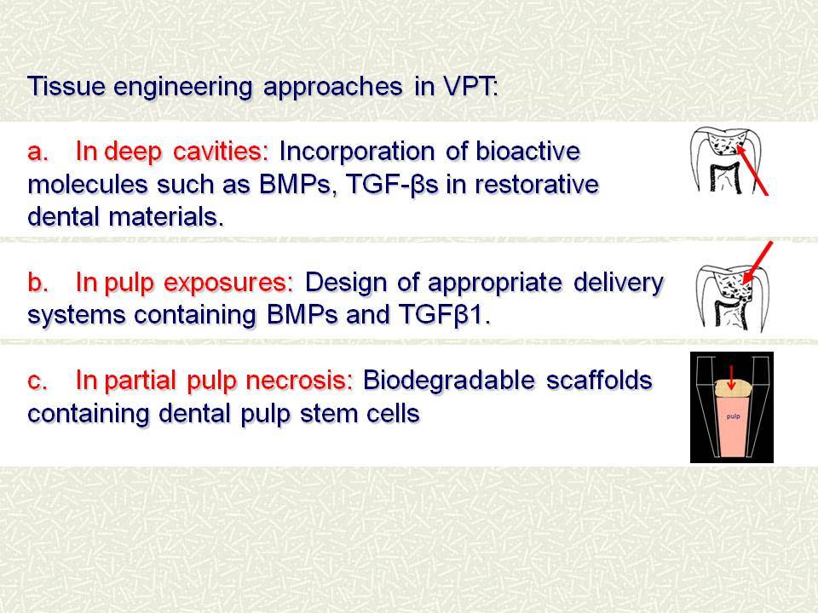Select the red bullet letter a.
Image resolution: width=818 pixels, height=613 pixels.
37,152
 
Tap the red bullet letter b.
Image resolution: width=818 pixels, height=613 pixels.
37,282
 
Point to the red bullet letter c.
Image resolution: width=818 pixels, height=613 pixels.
37,381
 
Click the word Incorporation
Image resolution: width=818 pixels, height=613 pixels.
357,152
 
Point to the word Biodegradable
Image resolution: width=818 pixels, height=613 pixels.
449,381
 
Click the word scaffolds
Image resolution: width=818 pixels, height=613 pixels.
599,381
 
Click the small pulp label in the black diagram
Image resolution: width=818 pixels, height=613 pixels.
733,416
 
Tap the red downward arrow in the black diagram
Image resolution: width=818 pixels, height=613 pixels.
731,377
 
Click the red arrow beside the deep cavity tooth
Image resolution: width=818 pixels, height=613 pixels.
752,170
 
